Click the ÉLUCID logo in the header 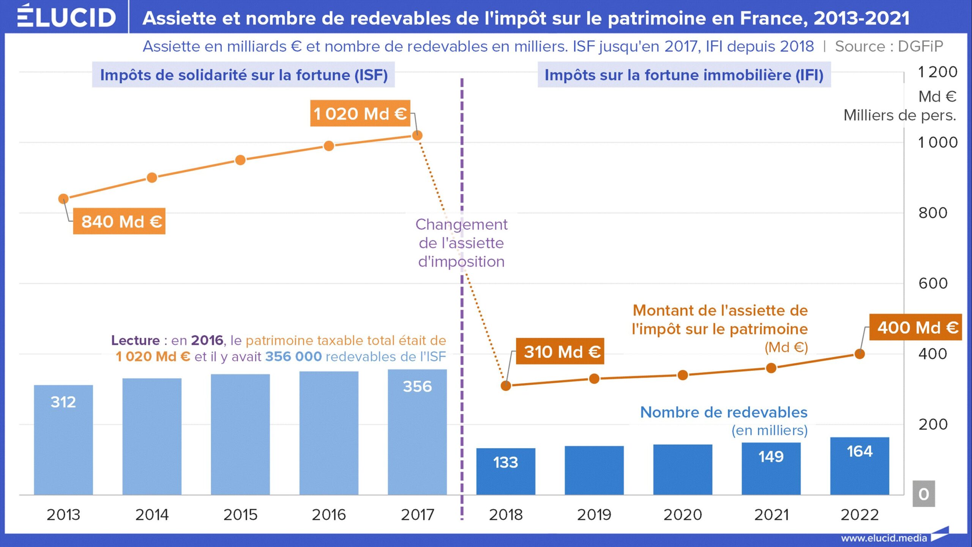click(66, 17)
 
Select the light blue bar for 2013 click(63, 440)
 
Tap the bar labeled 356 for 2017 click(417, 432)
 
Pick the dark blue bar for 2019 click(594, 470)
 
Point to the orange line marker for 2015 click(240, 160)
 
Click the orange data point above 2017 click(417, 135)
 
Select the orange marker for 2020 click(683, 375)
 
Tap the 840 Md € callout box click(119, 221)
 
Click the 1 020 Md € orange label click(360, 113)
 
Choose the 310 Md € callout click(560, 352)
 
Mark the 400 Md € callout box click(916, 327)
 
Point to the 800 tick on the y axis click(933, 213)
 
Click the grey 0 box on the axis click(924, 494)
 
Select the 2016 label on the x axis click(329, 515)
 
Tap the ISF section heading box click(243, 75)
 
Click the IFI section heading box click(684, 75)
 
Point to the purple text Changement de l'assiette click(461, 243)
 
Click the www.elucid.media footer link click(884, 538)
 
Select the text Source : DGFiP click(889, 46)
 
